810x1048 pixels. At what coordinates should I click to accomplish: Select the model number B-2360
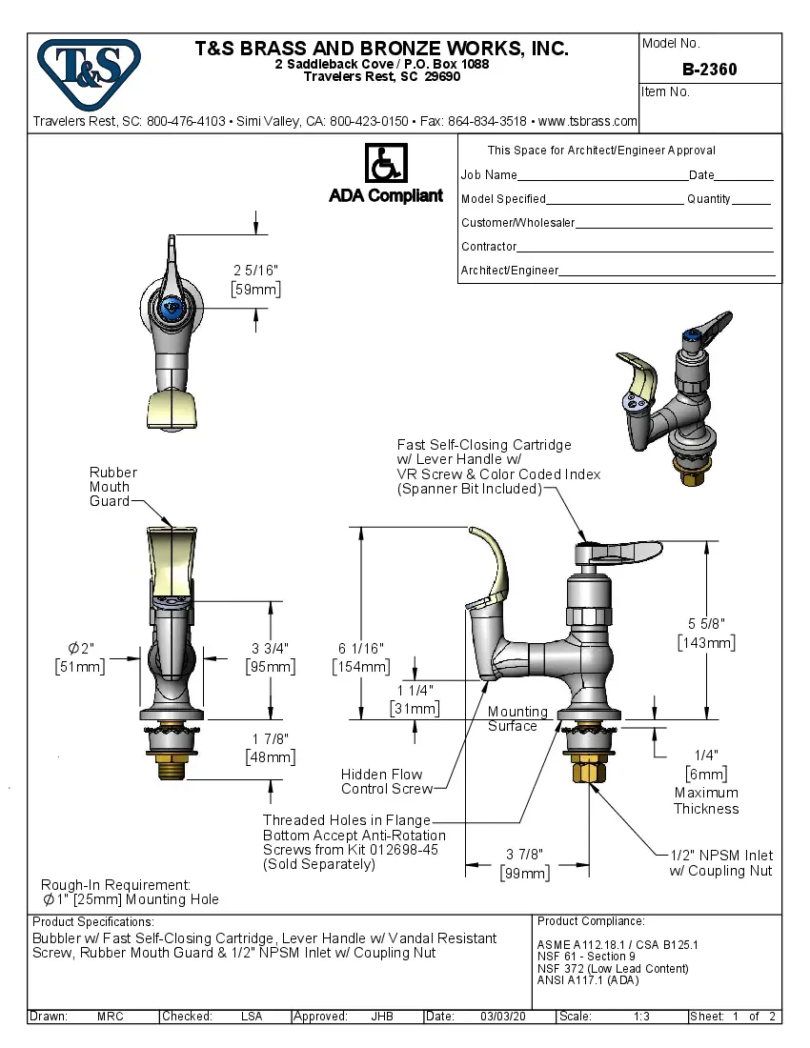click(709, 70)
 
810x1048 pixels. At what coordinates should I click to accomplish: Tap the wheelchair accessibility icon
click(386, 164)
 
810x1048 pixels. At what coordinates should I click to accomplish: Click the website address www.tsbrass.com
click(587, 122)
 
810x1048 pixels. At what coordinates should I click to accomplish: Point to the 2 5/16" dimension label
click(255, 271)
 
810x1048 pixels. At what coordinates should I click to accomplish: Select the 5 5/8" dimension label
click(706, 624)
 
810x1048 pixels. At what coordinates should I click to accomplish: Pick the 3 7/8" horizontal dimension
click(525, 856)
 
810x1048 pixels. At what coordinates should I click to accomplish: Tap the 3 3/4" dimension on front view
click(271, 649)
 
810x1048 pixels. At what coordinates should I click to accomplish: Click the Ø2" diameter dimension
click(80, 649)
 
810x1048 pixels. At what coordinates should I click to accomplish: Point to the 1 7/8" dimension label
click(271, 739)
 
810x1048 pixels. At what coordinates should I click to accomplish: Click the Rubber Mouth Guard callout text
click(112, 487)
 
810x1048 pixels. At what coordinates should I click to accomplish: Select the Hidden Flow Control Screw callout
click(384, 781)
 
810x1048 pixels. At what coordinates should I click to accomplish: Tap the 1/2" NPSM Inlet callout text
click(720, 862)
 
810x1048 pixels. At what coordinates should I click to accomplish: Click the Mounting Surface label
click(517, 718)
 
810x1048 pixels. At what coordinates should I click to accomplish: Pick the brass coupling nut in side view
click(584, 770)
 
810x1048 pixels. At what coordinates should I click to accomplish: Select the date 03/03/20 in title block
click(504, 1017)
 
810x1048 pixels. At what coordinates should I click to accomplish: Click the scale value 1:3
click(641, 1017)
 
